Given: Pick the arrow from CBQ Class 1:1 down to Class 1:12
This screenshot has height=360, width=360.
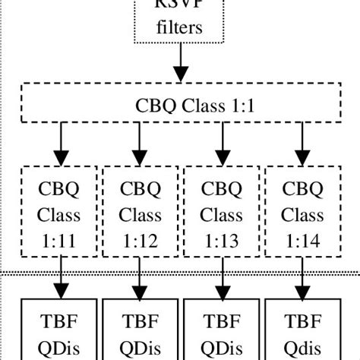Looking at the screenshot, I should coord(140,143).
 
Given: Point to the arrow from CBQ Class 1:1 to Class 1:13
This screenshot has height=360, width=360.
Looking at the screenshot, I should coord(221,143).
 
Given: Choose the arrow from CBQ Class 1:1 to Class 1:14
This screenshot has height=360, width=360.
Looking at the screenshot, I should coord(302,143).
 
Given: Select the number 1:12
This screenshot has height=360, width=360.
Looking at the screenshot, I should coord(140,241).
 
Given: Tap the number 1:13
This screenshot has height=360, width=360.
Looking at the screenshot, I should coord(221,241).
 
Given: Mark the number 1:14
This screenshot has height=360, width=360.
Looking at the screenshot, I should coord(302,241).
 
